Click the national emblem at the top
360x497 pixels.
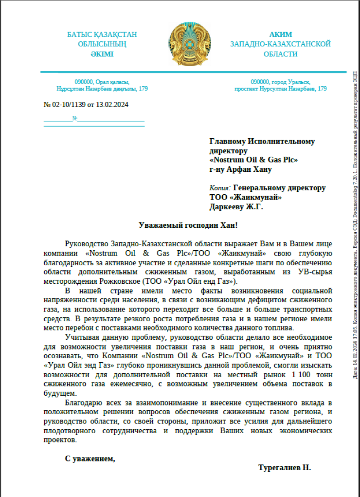pos(187,44)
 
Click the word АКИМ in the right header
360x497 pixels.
pos(281,35)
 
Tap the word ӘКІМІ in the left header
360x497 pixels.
pos(102,54)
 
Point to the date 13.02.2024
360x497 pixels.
pos(112,105)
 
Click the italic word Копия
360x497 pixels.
pos(219,188)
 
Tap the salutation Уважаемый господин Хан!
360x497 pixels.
pos(189,225)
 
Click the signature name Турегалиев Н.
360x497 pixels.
pos(284,467)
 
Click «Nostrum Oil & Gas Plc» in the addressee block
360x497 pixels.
pos(253,160)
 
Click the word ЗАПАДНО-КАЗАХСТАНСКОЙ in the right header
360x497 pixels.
pos(281,44)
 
